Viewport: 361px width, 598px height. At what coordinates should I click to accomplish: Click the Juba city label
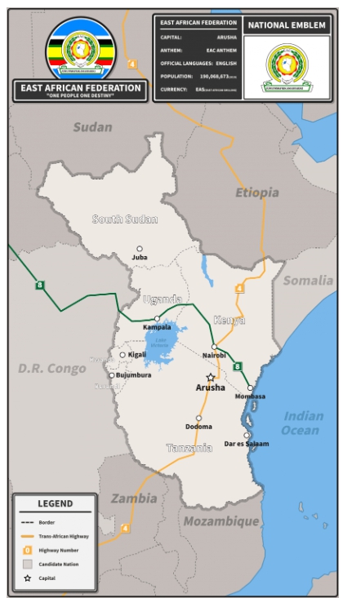pyautogui.click(x=140, y=258)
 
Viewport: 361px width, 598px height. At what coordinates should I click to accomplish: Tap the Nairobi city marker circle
pyautogui.click(x=214, y=347)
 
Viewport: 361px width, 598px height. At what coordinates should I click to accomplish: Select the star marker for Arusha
pyautogui.click(x=210, y=377)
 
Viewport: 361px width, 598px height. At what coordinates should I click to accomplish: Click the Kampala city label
pyautogui.click(x=157, y=327)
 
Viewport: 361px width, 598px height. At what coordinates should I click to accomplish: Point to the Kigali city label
pyautogui.click(x=136, y=355)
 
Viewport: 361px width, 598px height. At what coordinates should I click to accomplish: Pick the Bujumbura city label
pyautogui.click(x=133, y=375)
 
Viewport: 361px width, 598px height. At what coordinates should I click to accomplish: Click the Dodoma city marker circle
pyautogui.click(x=198, y=418)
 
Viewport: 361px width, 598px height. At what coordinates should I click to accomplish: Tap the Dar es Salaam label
pyautogui.click(x=246, y=445)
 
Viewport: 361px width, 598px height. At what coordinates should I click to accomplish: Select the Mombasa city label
pyautogui.click(x=250, y=396)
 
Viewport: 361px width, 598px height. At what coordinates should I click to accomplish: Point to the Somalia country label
pyautogui.click(x=308, y=281)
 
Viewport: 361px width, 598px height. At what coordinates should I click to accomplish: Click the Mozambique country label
pyautogui.click(x=221, y=520)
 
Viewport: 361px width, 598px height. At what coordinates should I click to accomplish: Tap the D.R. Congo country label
pyautogui.click(x=51, y=369)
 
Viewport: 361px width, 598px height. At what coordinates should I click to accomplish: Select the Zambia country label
pyautogui.click(x=134, y=498)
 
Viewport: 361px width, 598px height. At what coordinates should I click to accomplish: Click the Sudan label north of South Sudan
pyautogui.click(x=92, y=126)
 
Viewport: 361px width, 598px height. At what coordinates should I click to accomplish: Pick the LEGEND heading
pyautogui.click(x=55, y=503)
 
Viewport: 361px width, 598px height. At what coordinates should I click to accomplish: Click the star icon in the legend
pyautogui.click(x=27, y=578)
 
